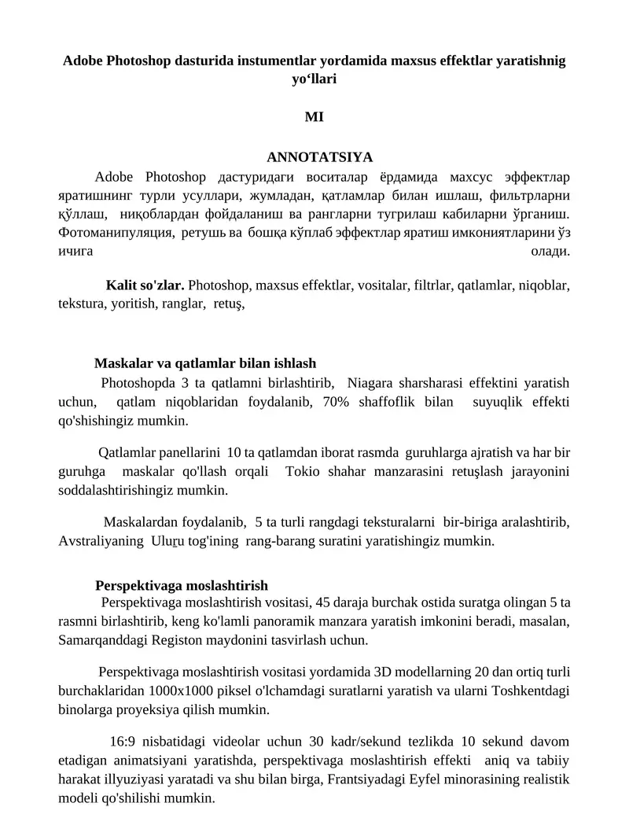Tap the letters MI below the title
pos(314,117)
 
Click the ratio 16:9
pos(122,741)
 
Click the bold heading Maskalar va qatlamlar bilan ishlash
pos(205,363)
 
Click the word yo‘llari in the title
pos(314,79)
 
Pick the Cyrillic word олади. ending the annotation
pos(551,251)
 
